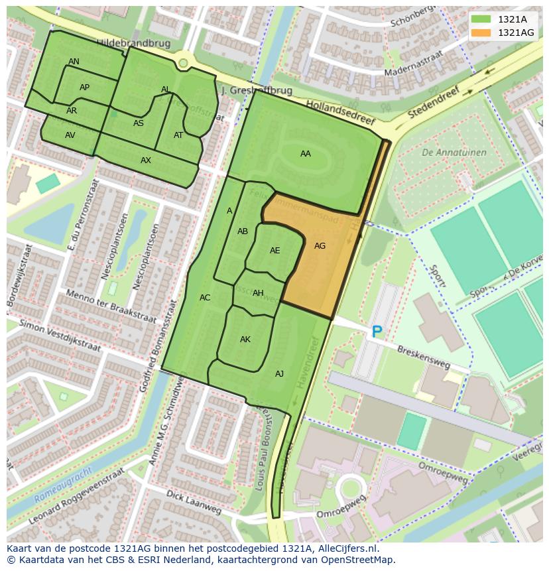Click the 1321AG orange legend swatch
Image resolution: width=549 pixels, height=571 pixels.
[x=482, y=32]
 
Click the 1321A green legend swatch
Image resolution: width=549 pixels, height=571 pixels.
[x=482, y=19]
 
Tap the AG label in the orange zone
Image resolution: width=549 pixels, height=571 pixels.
[x=320, y=246]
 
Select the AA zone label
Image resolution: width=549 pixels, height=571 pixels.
[x=305, y=154]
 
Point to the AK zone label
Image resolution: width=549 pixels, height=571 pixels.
[x=245, y=340]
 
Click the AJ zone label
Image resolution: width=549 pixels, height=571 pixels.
[x=279, y=374]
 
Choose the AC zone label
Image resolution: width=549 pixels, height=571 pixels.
[x=205, y=298]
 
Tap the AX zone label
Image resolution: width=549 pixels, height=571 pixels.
[x=146, y=160]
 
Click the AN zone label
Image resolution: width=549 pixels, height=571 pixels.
[x=74, y=62]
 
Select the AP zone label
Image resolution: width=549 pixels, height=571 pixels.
[x=84, y=88]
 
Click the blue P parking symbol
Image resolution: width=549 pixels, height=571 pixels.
[x=377, y=332]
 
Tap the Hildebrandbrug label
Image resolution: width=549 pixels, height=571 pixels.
[x=133, y=43]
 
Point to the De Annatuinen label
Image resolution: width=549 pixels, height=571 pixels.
[x=454, y=153]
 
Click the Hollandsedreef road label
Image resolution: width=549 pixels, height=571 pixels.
[x=340, y=113]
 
